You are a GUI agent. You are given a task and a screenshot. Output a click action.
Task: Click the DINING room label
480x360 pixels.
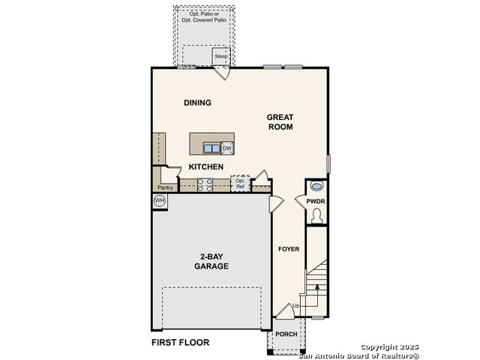[197, 103]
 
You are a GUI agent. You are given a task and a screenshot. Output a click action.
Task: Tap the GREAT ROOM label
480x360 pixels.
[280, 121]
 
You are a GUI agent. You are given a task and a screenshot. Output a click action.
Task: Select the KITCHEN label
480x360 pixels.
[206, 166]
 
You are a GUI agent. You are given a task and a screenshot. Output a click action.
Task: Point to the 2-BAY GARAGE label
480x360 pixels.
[211, 262]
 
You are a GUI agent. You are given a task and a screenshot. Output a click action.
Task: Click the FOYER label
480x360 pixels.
[289, 249]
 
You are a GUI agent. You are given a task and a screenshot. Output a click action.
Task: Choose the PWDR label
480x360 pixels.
[316, 202]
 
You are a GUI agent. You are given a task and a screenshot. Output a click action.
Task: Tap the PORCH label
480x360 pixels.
[286, 334]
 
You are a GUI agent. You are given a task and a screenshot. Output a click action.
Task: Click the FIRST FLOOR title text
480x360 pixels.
[180, 342]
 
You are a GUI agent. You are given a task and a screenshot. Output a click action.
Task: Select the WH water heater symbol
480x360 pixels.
[160, 201]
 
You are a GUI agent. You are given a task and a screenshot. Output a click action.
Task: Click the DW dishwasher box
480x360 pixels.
[227, 148]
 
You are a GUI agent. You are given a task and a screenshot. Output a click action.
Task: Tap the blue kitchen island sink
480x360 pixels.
[211, 148]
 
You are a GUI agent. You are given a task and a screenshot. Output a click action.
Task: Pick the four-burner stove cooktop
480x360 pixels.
[205, 185]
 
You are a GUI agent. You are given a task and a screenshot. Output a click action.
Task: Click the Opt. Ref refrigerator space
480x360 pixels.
[240, 183]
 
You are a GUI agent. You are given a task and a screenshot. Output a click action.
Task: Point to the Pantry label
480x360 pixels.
[165, 187]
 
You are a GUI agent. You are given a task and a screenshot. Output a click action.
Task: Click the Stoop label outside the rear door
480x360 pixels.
[221, 56]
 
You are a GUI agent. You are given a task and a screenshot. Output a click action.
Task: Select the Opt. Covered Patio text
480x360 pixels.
[204, 20]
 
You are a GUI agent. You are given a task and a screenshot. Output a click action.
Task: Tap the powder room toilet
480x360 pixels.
[316, 216]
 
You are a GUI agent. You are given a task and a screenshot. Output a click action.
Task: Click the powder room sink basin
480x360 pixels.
[316, 186]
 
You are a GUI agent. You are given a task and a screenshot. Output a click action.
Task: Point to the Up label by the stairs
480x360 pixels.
[296, 306]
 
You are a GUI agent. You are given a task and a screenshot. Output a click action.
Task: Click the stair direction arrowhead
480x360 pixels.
[317, 286]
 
